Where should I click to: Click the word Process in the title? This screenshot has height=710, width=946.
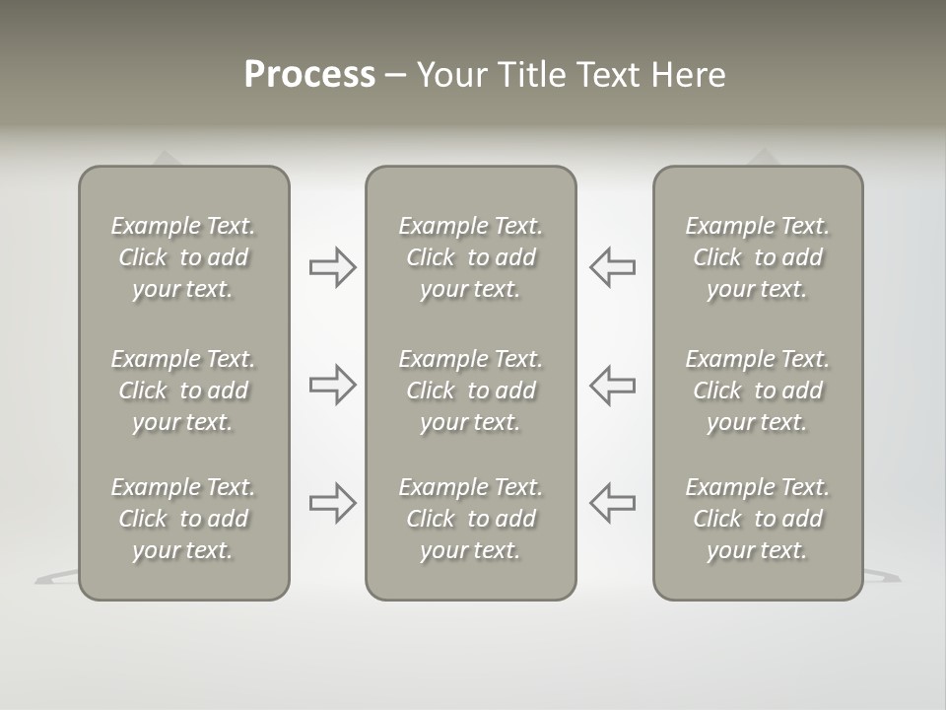[x=309, y=75]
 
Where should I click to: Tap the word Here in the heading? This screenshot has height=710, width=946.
[x=689, y=75]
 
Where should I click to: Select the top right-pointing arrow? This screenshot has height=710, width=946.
[x=333, y=267]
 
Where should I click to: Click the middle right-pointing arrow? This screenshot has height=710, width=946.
[x=333, y=385]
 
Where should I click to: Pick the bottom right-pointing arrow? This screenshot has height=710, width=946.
[x=333, y=503]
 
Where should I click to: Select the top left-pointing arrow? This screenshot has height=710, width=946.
[x=612, y=267]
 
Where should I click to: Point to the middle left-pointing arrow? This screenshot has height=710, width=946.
[x=612, y=385]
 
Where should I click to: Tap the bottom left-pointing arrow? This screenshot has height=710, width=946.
[x=612, y=503]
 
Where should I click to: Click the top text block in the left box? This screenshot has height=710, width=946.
[x=183, y=257]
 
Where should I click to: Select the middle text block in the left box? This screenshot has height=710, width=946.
[x=183, y=390]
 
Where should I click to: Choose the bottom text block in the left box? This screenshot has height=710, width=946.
[x=183, y=519]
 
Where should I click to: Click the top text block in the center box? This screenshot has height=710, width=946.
[x=471, y=257]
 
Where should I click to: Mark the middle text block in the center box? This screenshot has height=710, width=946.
[x=471, y=390]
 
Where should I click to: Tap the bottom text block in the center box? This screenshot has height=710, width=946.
[x=471, y=519]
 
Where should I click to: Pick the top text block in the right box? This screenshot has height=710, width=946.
[x=758, y=257]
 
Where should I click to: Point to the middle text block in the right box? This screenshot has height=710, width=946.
[x=758, y=390]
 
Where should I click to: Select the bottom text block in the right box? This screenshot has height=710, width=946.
[x=758, y=519]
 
